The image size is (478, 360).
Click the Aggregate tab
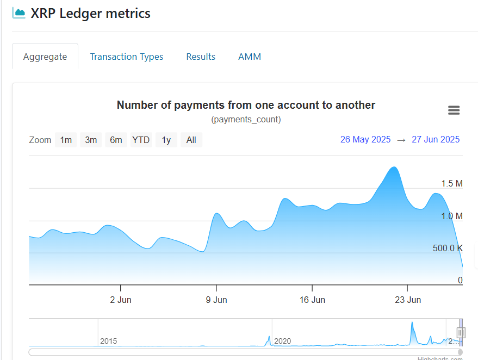pyautogui.click(x=45, y=57)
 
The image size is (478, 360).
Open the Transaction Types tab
pyautogui.click(x=127, y=57)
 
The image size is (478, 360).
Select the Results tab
pyautogui.click(x=201, y=57)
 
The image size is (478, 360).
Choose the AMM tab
pyautogui.click(x=250, y=57)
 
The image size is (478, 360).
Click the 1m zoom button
pyautogui.click(x=66, y=140)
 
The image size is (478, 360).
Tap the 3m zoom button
pyautogui.click(x=91, y=140)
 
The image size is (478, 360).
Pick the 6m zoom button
pyautogui.click(x=116, y=140)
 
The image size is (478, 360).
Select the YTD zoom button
pyautogui.click(x=141, y=140)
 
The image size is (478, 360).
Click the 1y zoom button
pyautogui.click(x=166, y=140)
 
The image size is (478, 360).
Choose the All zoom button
pyautogui.click(x=191, y=140)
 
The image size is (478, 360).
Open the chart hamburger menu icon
pyautogui.click(x=454, y=110)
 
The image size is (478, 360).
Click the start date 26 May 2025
pyautogui.click(x=365, y=139)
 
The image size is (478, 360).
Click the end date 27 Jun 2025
pyautogui.click(x=436, y=139)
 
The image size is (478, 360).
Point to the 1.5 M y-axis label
pyautogui.click(x=452, y=184)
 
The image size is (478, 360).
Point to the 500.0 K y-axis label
pyautogui.click(x=448, y=249)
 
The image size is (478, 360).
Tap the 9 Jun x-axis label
pyautogui.click(x=216, y=300)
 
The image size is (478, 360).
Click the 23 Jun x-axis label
pyautogui.click(x=408, y=300)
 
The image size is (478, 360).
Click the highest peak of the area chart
pyautogui.click(x=394, y=167)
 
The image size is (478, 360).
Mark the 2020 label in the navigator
pyautogui.click(x=283, y=341)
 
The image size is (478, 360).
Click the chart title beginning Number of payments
pyautogui.click(x=246, y=105)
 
